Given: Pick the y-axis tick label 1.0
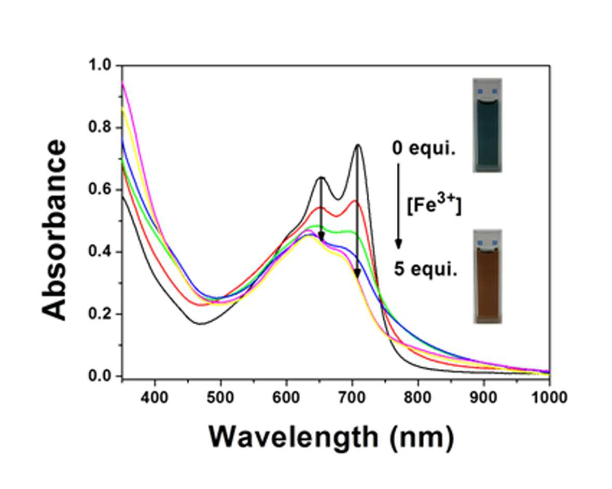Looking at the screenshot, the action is click(x=100, y=65).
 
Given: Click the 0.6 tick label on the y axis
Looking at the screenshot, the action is click(x=100, y=190).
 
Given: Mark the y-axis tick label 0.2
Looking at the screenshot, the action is click(x=100, y=314).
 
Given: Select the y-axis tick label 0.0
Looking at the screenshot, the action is click(x=100, y=376).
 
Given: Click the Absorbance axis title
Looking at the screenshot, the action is click(x=54, y=230).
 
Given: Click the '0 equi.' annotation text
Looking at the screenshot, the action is click(x=424, y=149).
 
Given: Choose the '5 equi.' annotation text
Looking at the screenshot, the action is click(x=425, y=269).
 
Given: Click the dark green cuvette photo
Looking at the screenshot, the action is click(x=488, y=125).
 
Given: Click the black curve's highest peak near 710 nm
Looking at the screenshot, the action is click(x=357, y=145).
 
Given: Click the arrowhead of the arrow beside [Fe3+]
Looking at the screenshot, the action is click(x=398, y=244).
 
